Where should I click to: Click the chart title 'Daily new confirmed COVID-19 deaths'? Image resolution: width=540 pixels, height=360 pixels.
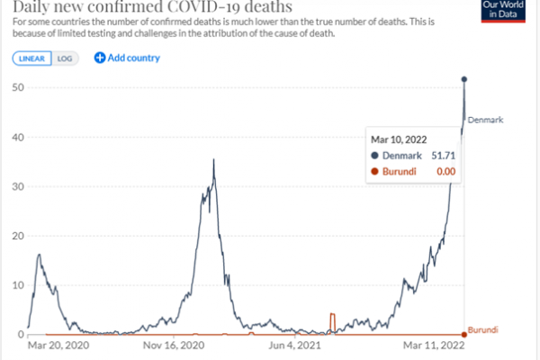tap(152, 11)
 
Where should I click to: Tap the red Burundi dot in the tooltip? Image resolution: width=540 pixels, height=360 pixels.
tap(374, 171)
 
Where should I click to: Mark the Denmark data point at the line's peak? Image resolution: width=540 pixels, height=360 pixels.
tap(464, 79)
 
